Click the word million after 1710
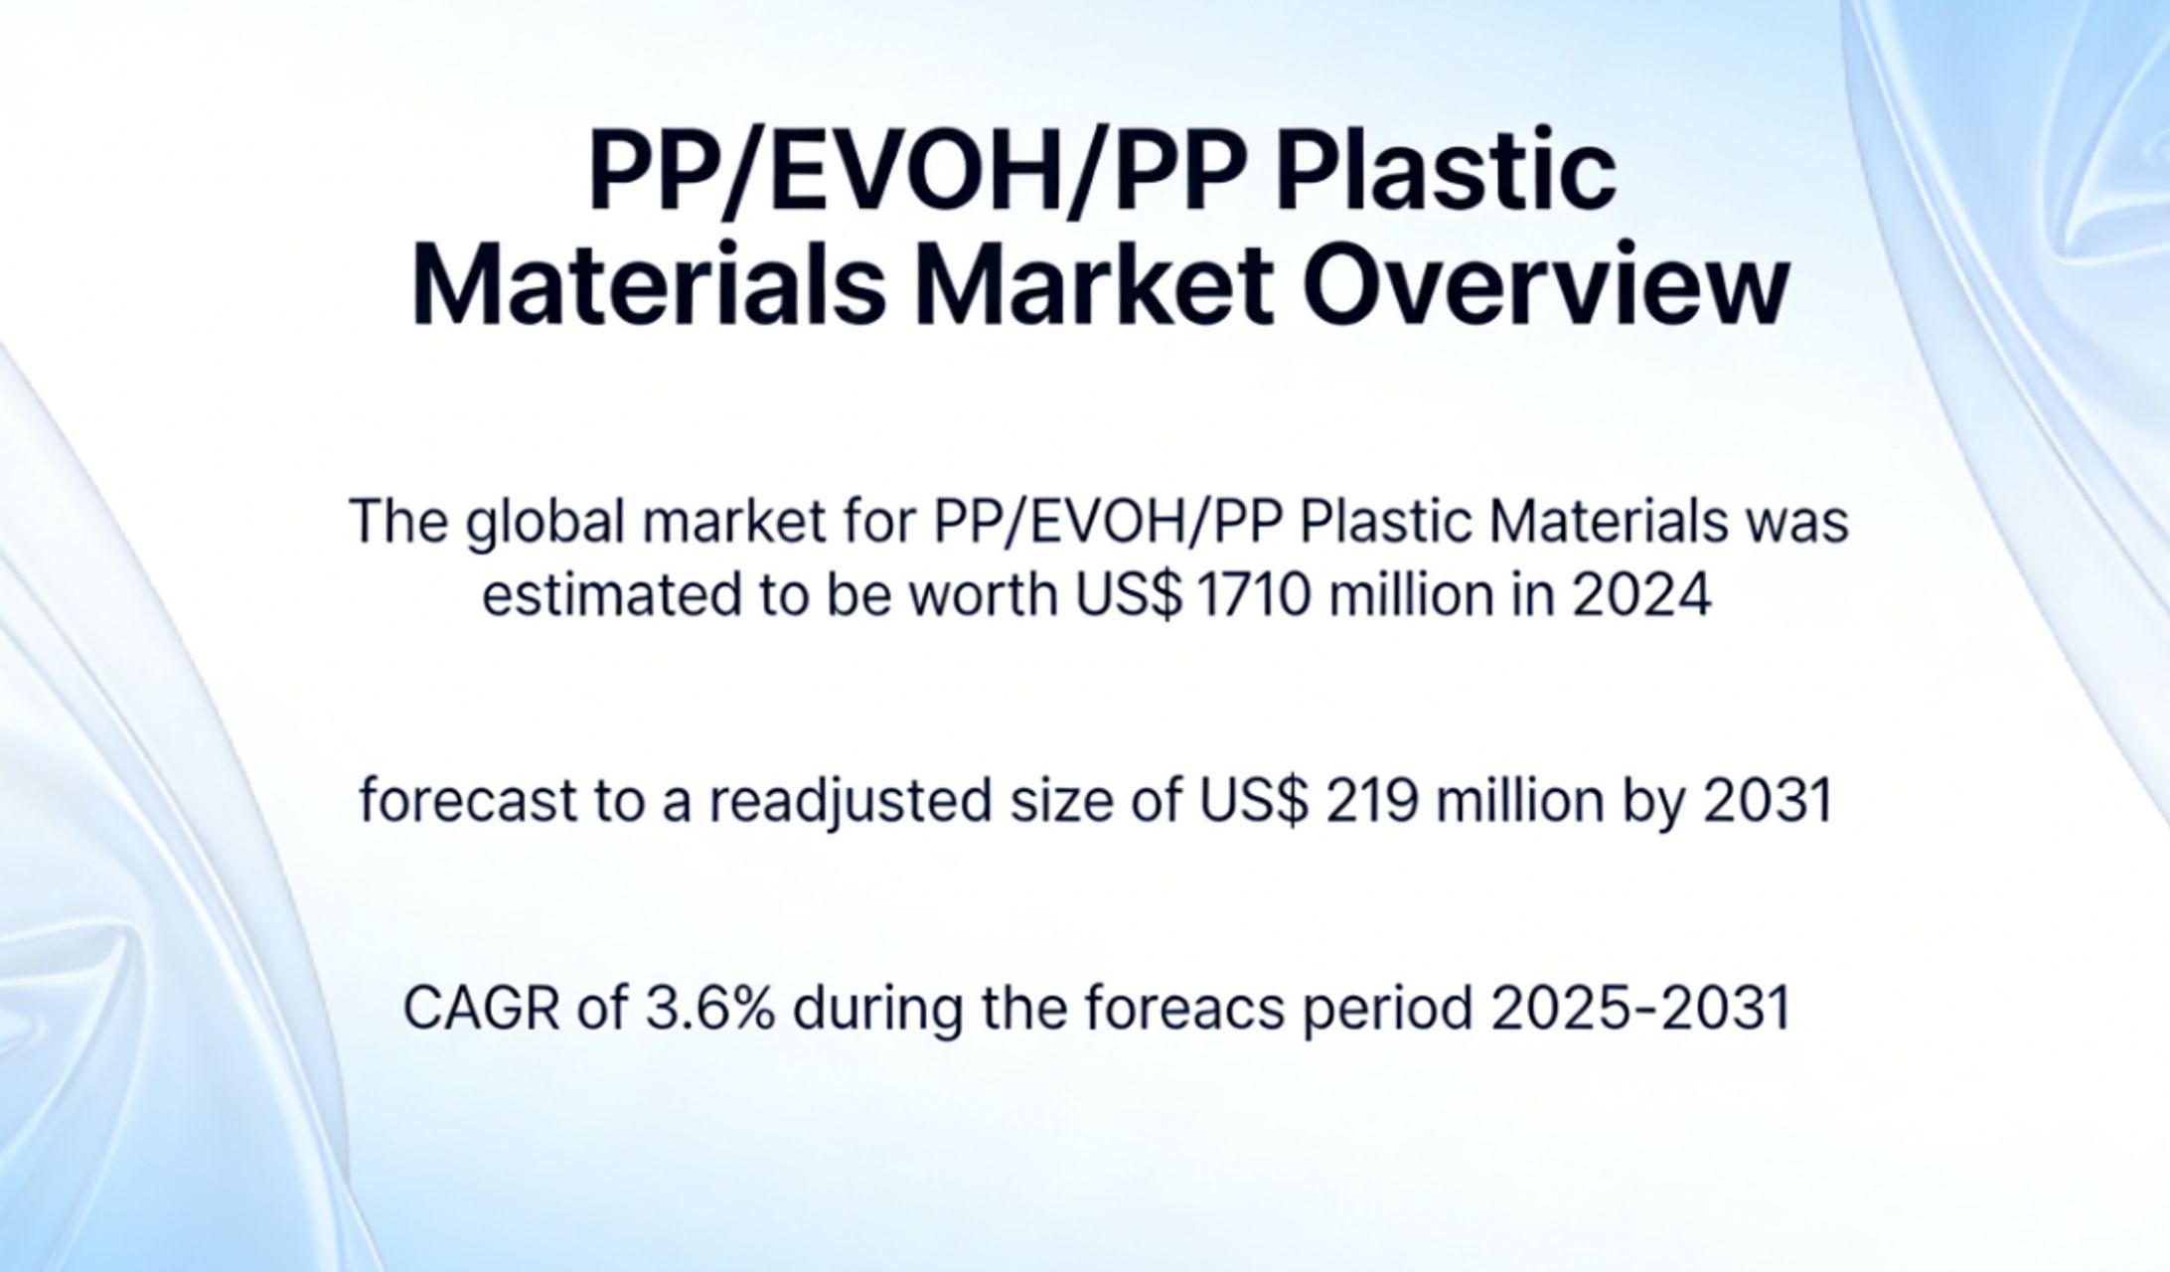click(x=1411, y=595)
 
